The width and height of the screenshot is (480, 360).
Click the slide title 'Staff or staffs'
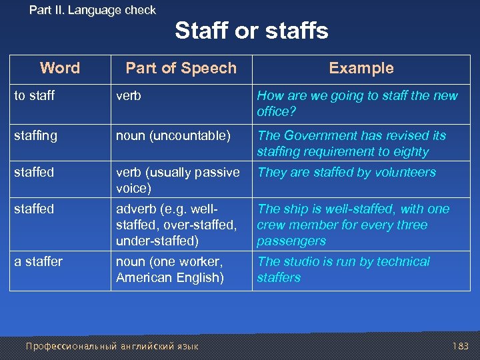[x=251, y=31]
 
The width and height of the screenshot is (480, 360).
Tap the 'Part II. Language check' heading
[x=93, y=10]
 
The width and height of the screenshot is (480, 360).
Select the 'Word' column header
[x=59, y=68]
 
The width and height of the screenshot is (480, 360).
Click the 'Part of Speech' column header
[x=181, y=68]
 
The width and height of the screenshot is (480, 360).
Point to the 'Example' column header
[x=361, y=68]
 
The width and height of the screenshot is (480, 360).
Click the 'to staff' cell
[x=35, y=95]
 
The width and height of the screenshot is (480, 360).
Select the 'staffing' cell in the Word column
[x=36, y=135]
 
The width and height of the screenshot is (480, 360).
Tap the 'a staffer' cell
[x=39, y=261]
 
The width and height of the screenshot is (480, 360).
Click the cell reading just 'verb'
[x=129, y=95]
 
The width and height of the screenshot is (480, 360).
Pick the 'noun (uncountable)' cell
[x=173, y=135]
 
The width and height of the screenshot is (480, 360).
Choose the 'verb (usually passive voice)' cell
[x=177, y=180]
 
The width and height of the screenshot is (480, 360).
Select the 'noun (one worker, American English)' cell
[x=169, y=269]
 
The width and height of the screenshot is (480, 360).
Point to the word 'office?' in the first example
[x=275, y=111]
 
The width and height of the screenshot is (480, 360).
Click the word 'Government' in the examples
[x=321, y=135]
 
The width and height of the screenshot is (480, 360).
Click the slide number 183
[x=460, y=346]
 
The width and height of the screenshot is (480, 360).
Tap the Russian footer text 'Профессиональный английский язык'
[x=112, y=346]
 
